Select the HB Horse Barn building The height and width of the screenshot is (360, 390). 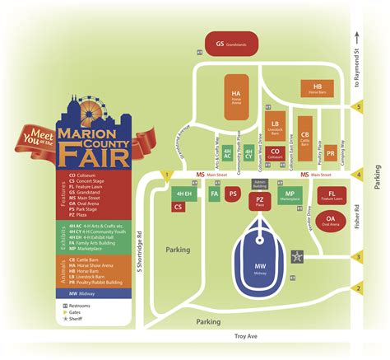click(317, 89)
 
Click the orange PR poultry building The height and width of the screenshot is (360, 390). click(330, 153)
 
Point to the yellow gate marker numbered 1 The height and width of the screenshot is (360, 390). click(167, 175)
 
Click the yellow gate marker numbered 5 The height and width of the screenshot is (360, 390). click(357, 106)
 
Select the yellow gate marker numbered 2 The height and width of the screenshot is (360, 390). click(357, 288)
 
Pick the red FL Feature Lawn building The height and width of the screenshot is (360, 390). click(331, 195)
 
